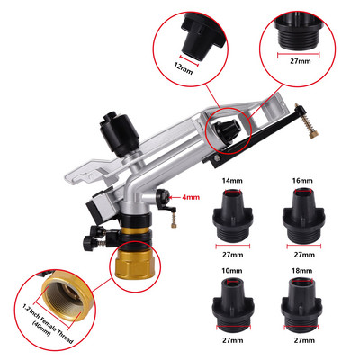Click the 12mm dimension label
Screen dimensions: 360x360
pos(183,69)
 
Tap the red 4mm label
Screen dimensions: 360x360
pos(191,197)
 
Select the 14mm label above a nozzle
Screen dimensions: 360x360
pos(232,181)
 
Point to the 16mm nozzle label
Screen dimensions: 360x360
pos(302,181)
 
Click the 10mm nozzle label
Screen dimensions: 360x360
pos(232,271)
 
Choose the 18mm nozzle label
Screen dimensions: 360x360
pos(302,271)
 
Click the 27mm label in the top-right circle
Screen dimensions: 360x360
pos(301,61)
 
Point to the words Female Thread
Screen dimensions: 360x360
pos(55,325)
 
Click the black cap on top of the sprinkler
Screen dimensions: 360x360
pos(119,133)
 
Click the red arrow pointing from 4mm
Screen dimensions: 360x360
pos(175,197)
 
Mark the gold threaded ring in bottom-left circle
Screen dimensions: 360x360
pos(67,298)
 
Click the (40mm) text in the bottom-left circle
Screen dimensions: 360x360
pos(41,329)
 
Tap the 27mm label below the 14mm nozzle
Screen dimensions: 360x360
pos(232,255)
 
